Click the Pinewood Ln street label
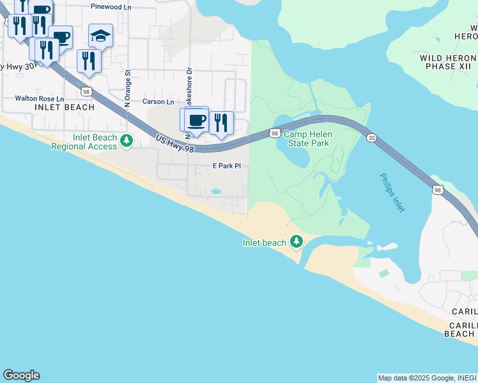(x=111, y=6)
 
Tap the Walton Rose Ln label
(x=40, y=100)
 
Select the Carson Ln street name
(x=158, y=102)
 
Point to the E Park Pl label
(x=226, y=166)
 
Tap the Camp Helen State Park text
(x=306, y=139)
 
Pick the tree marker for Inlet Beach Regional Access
(x=127, y=141)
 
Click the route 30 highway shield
(x=371, y=138)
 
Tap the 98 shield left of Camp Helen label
(x=274, y=133)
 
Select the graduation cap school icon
(x=100, y=36)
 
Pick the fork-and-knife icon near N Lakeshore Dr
(x=221, y=123)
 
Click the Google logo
(x=21, y=375)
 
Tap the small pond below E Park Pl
(x=216, y=191)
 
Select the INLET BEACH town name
(x=64, y=107)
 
